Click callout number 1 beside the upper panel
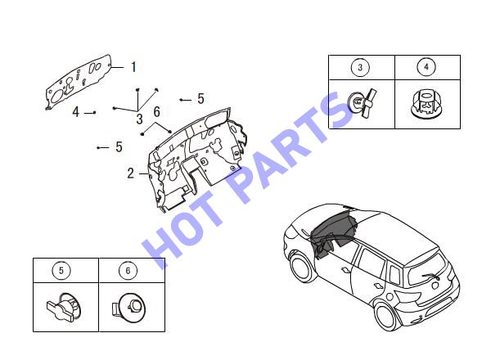click(x=133, y=67)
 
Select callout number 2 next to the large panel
click(x=131, y=173)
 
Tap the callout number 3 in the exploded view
click(x=140, y=119)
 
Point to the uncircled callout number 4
click(x=76, y=112)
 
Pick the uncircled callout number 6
click(x=157, y=112)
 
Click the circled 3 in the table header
click(x=360, y=67)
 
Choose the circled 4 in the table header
click(x=426, y=66)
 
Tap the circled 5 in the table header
click(x=61, y=270)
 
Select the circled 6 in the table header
click(x=128, y=270)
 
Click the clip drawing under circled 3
click(x=363, y=103)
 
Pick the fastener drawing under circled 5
click(x=64, y=307)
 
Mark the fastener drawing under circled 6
click(x=128, y=307)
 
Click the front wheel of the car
click(x=302, y=268)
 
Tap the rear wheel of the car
click(x=387, y=316)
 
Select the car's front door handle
click(x=345, y=269)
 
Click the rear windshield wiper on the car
click(x=431, y=276)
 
